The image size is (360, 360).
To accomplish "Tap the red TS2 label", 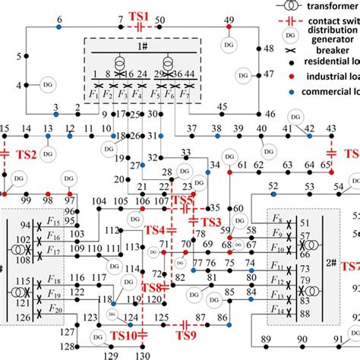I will (x=27, y=154).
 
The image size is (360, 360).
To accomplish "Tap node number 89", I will (x=265, y=339).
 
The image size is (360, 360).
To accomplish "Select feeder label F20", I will (x=54, y=308).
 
